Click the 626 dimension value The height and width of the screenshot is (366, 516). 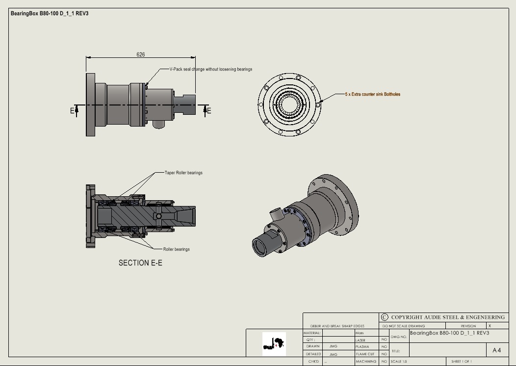pyautogui.click(x=141, y=54)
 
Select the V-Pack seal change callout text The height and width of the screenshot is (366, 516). pyautogui.click(x=210, y=69)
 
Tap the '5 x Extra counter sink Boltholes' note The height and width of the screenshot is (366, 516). pyautogui.click(x=372, y=94)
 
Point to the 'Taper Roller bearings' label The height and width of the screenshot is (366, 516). pyautogui.click(x=183, y=173)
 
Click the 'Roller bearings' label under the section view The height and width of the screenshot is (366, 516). pyautogui.click(x=176, y=249)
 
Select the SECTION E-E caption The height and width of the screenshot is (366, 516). pyautogui.click(x=140, y=263)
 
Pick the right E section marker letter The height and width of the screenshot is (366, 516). pyautogui.click(x=209, y=110)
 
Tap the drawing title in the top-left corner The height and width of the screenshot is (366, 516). pyautogui.click(x=50, y=13)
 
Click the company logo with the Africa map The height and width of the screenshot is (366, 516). pyautogui.click(x=274, y=344)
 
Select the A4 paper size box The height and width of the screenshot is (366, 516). pyautogui.click(x=496, y=350)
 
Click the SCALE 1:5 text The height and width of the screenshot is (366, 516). pyautogui.click(x=399, y=362)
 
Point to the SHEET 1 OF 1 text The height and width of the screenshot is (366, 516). pyautogui.click(x=462, y=362)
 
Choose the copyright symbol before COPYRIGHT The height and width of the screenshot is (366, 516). pyautogui.click(x=385, y=317)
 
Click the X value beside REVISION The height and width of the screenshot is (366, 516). pyautogui.click(x=490, y=326)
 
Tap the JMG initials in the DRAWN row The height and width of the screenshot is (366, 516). pyautogui.click(x=333, y=346)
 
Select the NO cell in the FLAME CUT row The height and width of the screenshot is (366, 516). pyautogui.click(x=384, y=354)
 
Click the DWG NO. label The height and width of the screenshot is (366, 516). pyautogui.click(x=399, y=337)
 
